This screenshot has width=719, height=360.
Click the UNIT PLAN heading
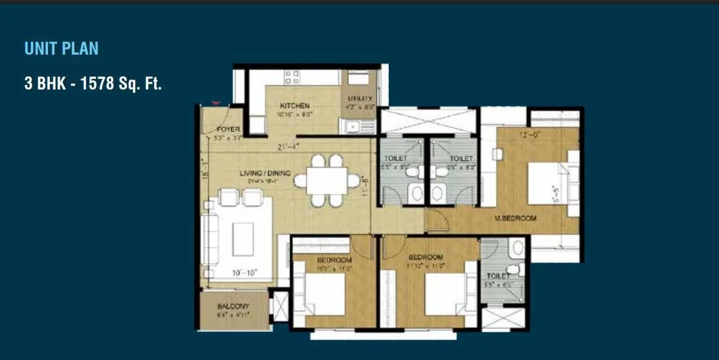coord(61,48)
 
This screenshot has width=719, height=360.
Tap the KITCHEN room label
coord(294,106)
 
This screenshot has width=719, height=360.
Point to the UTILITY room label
coord(360,99)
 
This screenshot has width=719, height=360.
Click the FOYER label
coord(228,130)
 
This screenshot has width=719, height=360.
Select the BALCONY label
coord(234,307)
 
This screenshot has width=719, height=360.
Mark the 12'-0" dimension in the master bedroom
coord(529,136)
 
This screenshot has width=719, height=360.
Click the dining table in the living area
coord(327,179)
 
